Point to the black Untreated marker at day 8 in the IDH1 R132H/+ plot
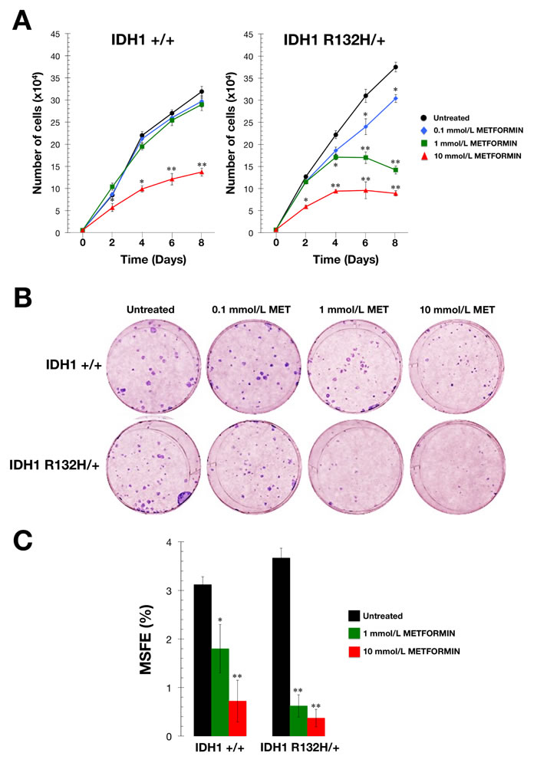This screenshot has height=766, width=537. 395,67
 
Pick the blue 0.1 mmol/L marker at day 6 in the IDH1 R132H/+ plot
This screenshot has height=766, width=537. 365,126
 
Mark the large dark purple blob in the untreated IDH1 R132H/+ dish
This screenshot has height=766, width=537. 187,498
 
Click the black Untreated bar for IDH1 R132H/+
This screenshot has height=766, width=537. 283,647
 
